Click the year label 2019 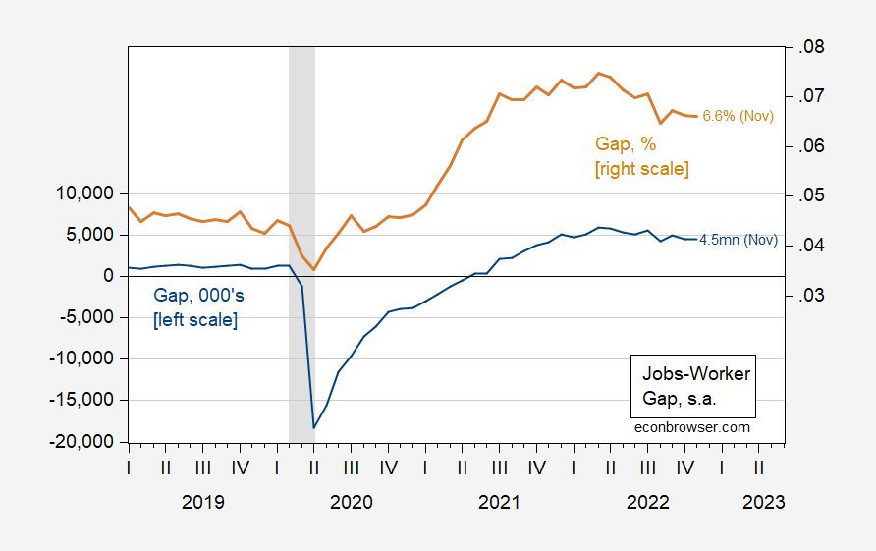203,502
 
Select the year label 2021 499,502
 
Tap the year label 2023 763,502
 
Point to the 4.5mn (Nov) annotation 738,240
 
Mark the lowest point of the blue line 314,427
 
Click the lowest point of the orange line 314,270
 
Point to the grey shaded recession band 301,147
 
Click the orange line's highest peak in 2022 598,73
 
